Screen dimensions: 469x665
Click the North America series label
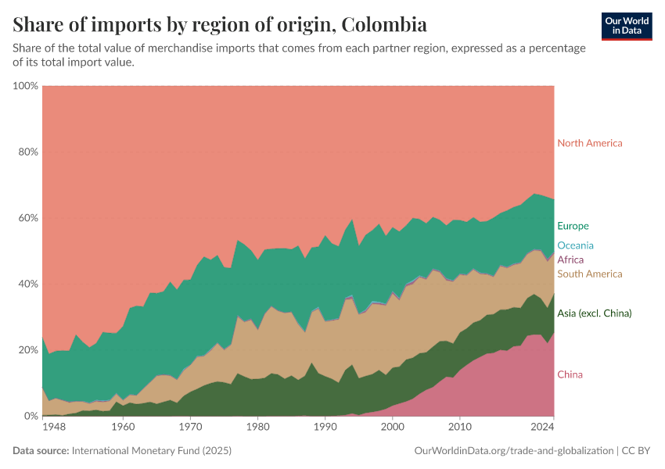point(589,143)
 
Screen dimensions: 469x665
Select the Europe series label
point(573,226)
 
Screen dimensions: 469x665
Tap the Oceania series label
point(575,245)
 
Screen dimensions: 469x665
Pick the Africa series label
point(570,260)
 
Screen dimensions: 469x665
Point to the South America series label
point(589,274)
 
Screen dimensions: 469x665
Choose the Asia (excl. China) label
point(594,313)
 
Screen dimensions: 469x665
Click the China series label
point(570,375)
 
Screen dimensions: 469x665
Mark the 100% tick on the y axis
point(26,85)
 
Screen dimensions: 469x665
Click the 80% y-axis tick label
point(27,152)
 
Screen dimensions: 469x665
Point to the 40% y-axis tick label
point(27,284)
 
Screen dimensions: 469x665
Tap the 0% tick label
point(31,416)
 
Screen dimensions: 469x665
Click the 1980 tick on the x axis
point(257,428)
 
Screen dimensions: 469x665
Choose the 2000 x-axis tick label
point(392,428)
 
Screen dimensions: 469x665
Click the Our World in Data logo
point(627,26)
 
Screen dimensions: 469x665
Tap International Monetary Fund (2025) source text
point(152,451)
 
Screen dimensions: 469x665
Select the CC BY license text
point(637,451)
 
